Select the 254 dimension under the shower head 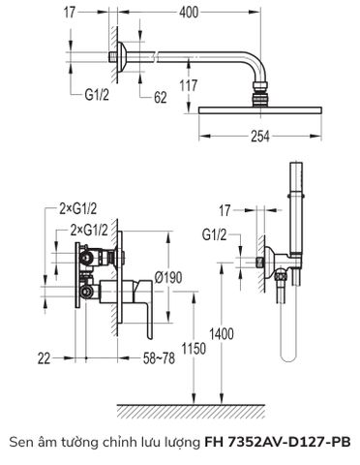[x=259, y=136]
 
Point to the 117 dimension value [x=188, y=85]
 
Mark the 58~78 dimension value [x=155, y=359]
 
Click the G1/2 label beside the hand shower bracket [x=215, y=235]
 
